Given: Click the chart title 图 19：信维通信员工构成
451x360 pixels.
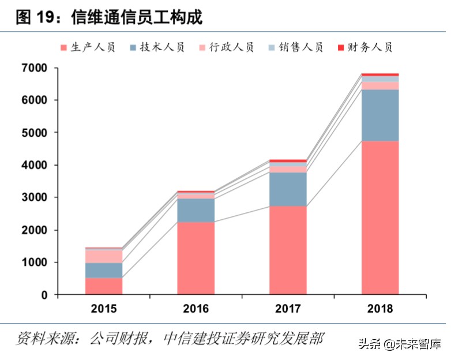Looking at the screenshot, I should click(x=110, y=17).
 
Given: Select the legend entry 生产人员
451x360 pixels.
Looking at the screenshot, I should click(x=87, y=47).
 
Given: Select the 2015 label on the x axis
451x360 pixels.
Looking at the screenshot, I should click(x=104, y=309).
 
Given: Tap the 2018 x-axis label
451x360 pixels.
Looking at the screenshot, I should click(x=379, y=309).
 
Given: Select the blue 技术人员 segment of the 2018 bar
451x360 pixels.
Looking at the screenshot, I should click(x=380, y=115).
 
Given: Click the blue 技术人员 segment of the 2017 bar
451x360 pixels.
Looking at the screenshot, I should click(x=288, y=189).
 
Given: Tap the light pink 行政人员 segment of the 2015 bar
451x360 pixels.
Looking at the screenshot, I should click(x=104, y=256).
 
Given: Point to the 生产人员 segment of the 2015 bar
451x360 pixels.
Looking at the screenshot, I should click(x=104, y=286).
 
